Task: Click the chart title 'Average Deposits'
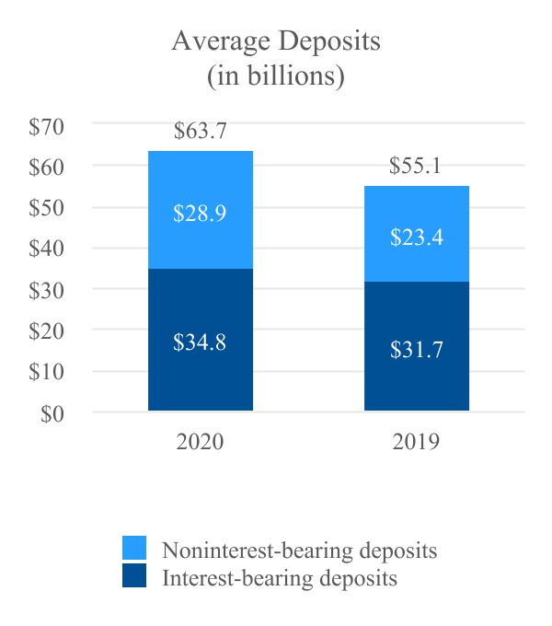click(x=276, y=43)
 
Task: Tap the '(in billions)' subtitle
click(x=276, y=76)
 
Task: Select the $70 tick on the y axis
click(x=45, y=126)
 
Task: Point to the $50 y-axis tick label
click(x=45, y=208)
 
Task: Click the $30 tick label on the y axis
click(x=45, y=290)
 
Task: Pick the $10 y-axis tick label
click(x=45, y=372)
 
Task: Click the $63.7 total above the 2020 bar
click(x=200, y=132)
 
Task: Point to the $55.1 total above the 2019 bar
click(x=416, y=167)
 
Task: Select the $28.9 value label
click(x=200, y=213)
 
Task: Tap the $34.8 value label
click(x=200, y=342)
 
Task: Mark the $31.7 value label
click(x=416, y=350)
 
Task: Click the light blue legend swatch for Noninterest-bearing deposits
click(x=134, y=550)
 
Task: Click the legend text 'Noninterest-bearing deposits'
click(x=299, y=551)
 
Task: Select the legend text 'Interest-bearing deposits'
click(x=280, y=578)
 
